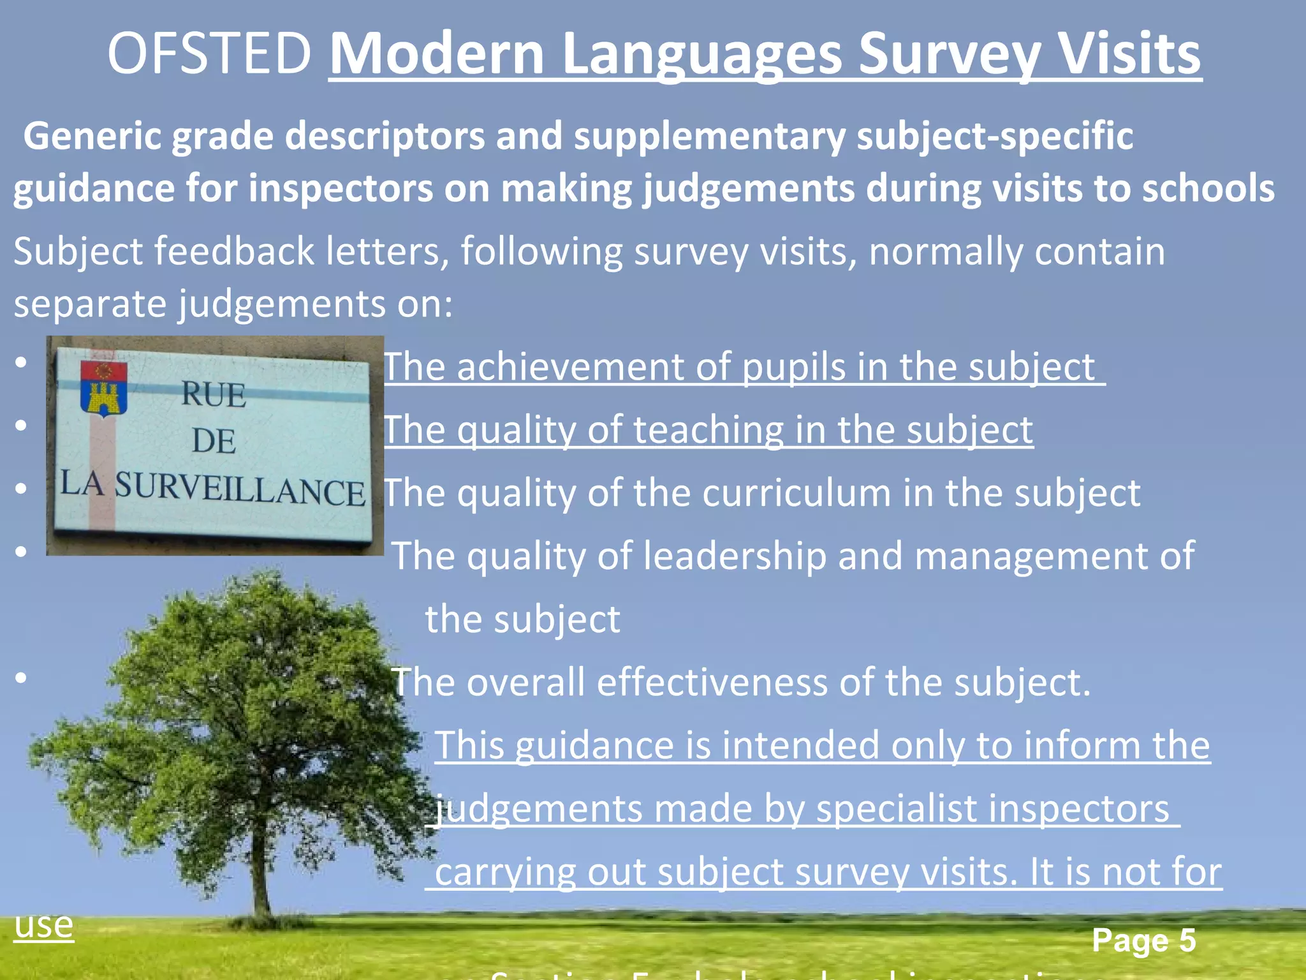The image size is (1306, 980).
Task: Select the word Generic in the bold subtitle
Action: click(92, 136)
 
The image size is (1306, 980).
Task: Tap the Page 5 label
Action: click(1143, 940)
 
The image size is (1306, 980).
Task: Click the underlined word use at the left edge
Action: click(43, 924)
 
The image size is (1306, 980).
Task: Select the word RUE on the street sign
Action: click(214, 394)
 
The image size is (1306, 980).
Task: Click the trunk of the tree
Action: click(260, 874)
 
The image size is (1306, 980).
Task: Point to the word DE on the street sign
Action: click(214, 442)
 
